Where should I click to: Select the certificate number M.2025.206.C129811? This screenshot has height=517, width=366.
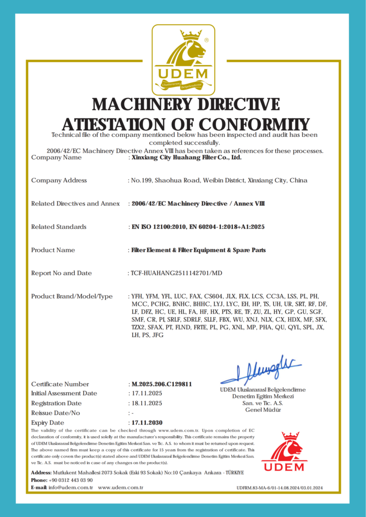tap(162, 384)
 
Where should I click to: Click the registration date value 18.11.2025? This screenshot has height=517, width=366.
tap(146, 403)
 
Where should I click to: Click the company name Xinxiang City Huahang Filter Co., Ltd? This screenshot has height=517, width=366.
tap(186, 158)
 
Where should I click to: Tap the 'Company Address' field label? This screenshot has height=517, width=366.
tap(59, 180)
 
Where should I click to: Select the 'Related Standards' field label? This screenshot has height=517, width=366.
tap(59, 227)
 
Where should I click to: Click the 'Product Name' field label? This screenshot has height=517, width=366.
tap(53, 250)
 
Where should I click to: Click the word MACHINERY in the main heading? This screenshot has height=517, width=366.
tap(141, 104)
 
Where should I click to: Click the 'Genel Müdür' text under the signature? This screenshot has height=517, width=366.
tap(263, 409)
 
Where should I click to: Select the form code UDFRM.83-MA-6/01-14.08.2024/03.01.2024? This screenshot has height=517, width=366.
tap(279, 488)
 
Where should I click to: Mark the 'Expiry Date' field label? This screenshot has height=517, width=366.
tap(47, 423)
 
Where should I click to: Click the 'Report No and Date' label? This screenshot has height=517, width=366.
tap(62, 273)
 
